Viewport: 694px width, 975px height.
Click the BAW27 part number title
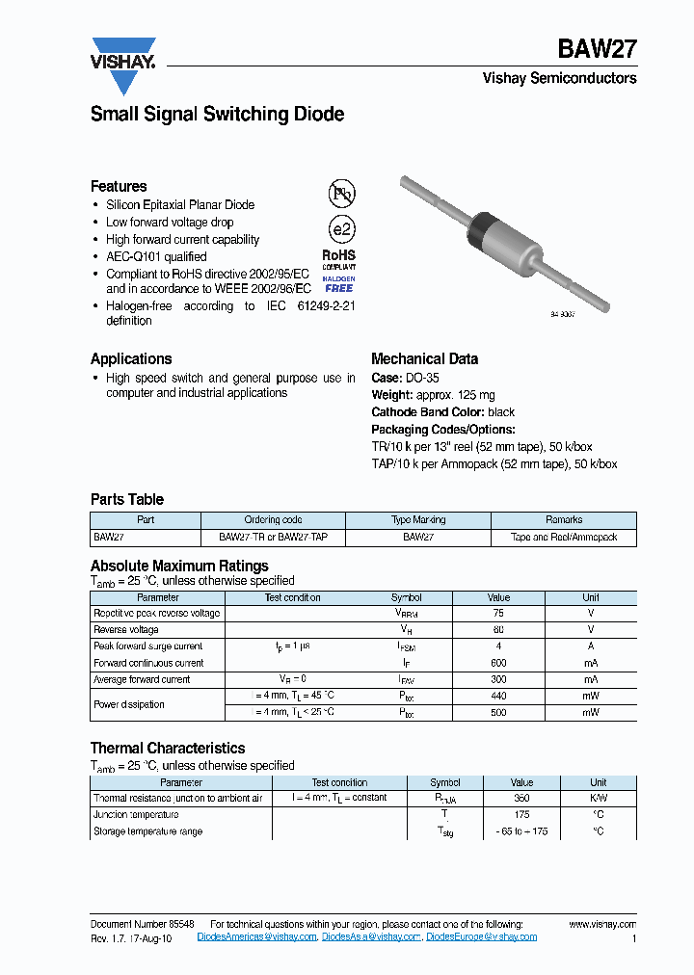click(597, 51)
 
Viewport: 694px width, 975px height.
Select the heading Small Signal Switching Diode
click(217, 114)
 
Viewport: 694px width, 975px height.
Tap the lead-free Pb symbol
click(342, 194)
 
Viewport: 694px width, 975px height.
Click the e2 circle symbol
click(342, 230)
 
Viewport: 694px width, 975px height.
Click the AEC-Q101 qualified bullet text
click(156, 256)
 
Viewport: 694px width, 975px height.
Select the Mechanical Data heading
click(424, 358)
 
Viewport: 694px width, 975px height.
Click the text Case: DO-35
click(405, 379)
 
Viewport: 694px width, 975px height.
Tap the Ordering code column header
click(273, 519)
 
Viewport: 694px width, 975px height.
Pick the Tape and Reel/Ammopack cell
click(564, 537)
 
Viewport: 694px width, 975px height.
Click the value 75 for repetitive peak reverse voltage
click(497, 613)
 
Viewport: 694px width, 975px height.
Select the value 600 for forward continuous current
click(497, 663)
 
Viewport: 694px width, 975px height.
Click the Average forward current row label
click(142, 679)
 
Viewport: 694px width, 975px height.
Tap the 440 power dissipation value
click(497, 696)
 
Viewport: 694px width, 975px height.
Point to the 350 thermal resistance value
click(521, 798)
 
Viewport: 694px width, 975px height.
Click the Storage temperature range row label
click(147, 831)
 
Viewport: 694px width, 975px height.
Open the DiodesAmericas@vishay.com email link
click(256, 936)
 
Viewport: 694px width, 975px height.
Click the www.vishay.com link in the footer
click(602, 923)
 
